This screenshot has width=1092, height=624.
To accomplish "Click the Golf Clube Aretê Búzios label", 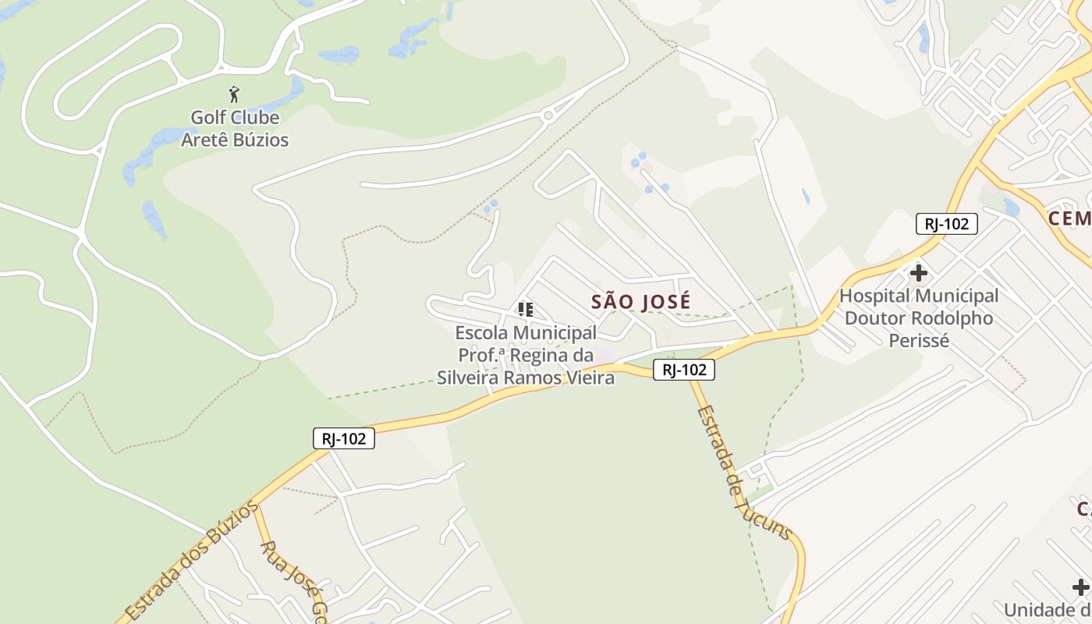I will [x=235, y=129].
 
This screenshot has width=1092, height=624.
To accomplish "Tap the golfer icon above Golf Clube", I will [x=234, y=95].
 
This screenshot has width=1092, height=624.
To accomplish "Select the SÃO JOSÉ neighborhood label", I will [x=640, y=301].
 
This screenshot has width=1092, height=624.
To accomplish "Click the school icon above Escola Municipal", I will [x=526, y=310].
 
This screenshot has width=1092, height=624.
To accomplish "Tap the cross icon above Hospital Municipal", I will [x=919, y=273].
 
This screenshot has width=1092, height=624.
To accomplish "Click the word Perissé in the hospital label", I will [x=919, y=341].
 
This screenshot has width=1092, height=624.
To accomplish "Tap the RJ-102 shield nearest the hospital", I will [x=946, y=224].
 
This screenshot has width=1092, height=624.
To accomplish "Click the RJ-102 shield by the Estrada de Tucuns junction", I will [x=683, y=370].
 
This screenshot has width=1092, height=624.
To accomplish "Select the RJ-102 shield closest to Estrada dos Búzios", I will [x=344, y=438].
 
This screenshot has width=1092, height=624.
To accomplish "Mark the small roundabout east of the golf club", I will [x=548, y=115].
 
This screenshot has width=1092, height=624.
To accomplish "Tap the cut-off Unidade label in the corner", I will [x=1047, y=610].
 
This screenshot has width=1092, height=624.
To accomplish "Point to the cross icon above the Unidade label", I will [x=1080, y=587].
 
